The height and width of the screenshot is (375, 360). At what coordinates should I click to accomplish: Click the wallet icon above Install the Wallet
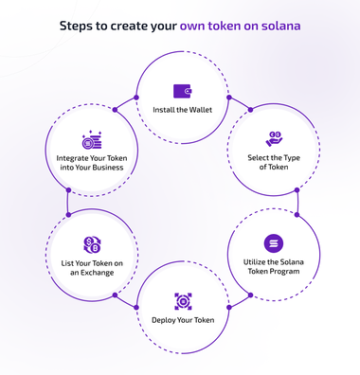pyautogui.click(x=182, y=92)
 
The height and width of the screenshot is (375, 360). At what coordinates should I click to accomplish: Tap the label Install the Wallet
pyautogui.click(x=182, y=110)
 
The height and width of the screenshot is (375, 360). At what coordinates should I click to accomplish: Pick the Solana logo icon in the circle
pyautogui.click(x=273, y=242)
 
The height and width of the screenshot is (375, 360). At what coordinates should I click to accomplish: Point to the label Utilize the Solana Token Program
pyautogui.click(x=273, y=267)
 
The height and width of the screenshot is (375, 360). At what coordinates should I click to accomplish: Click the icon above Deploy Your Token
pyautogui.click(x=182, y=301)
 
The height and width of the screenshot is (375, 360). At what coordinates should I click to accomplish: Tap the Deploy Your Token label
pyautogui.click(x=182, y=320)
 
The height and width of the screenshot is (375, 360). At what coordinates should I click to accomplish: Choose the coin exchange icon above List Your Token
pyautogui.click(x=92, y=242)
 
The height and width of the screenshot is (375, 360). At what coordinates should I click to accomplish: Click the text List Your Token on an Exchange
pyautogui.click(x=92, y=267)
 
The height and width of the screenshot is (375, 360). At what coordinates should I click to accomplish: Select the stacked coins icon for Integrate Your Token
pyautogui.click(x=92, y=140)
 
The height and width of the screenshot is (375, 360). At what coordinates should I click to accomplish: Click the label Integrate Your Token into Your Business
pyautogui.click(x=92, y=163)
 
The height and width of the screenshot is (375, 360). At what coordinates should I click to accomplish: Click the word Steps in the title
pyautogui.click(x=80, y=26)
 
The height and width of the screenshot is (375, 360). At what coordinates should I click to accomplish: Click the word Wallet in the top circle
pyautogui.click(x=200, y=110)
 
